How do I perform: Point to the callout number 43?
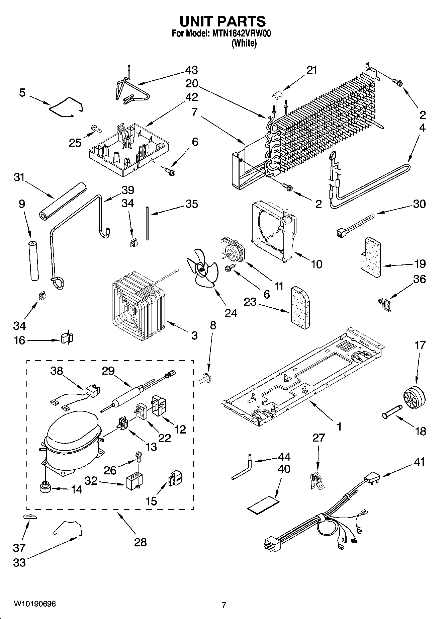(191, 70)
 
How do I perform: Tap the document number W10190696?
(35, 604)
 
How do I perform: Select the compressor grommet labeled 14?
(44, 488)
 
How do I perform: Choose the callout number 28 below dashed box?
(141, 542)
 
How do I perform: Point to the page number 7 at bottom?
(224, 605)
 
